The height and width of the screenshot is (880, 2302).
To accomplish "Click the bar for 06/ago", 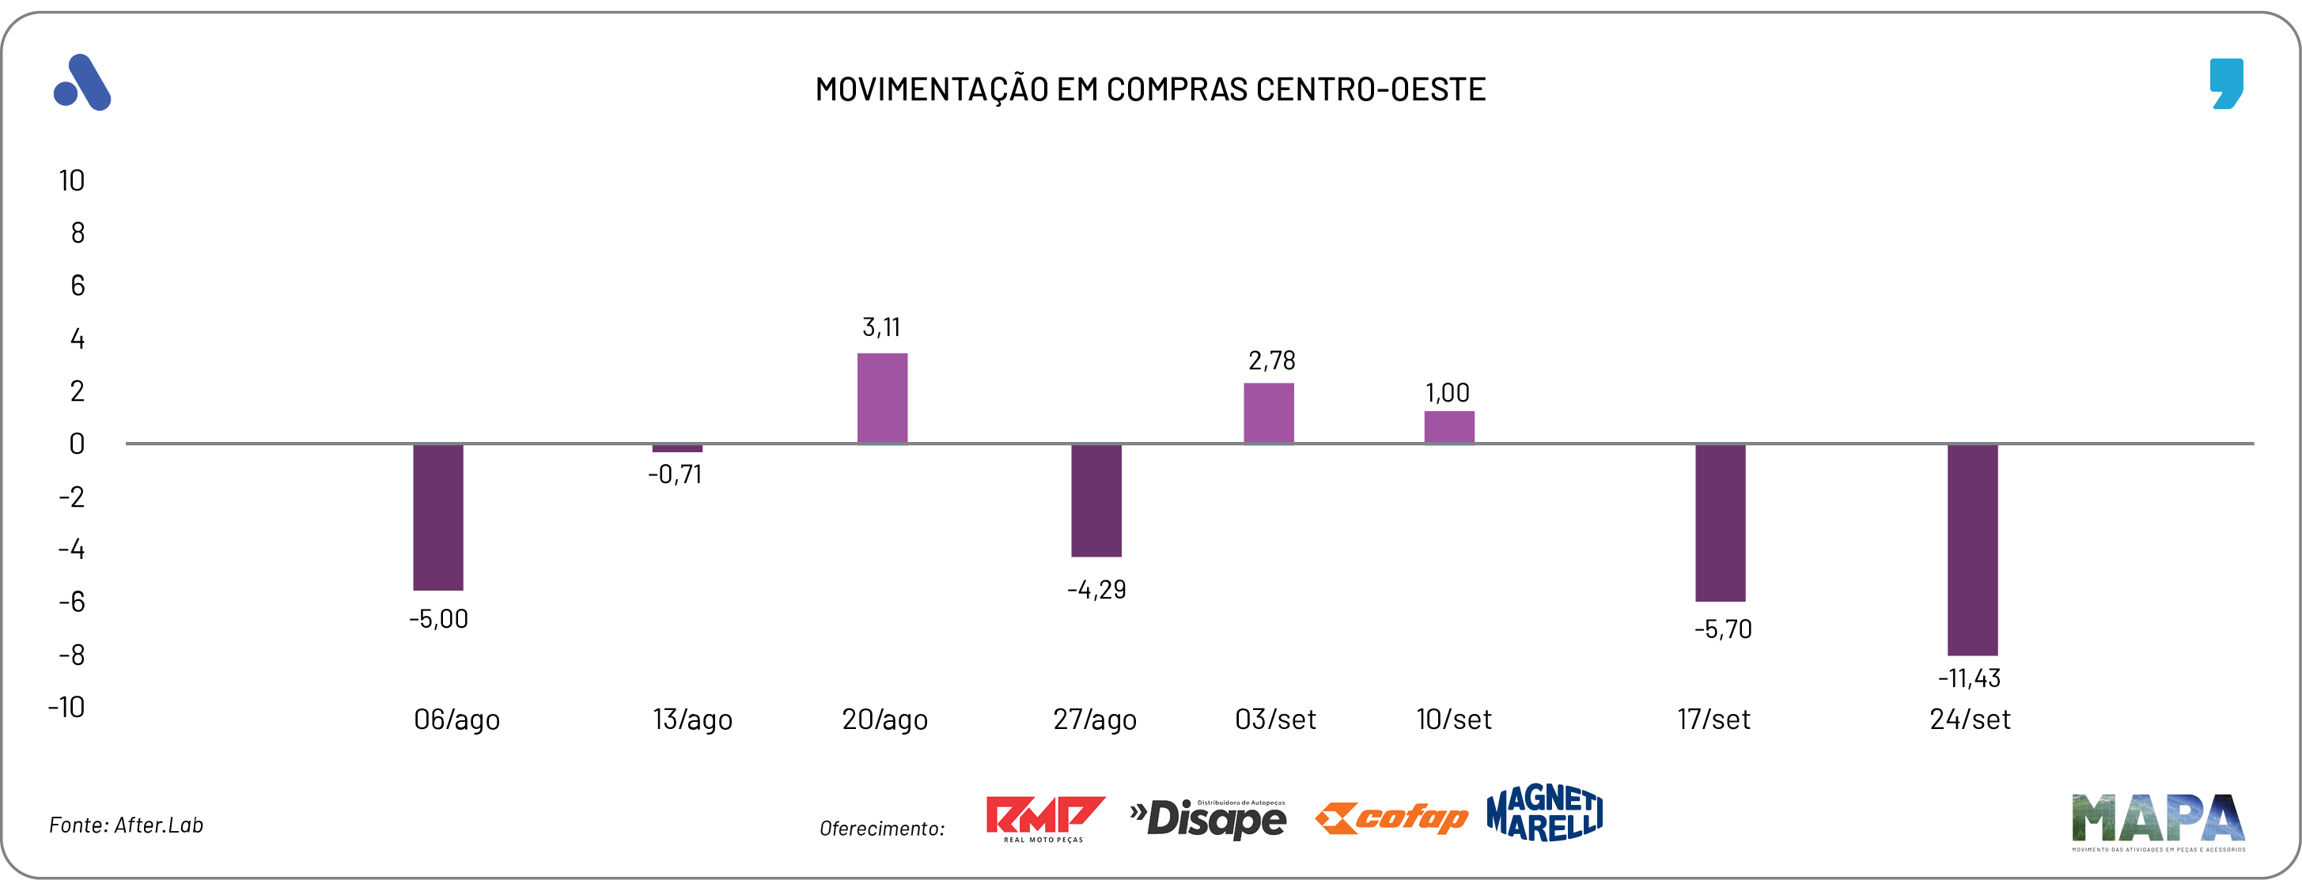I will tap(438, 516).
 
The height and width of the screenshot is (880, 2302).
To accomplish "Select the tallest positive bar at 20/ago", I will tap(882, 398).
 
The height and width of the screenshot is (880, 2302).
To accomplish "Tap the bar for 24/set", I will tap(1972, 550).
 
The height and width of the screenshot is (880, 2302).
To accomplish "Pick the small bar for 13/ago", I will tap(677, 448).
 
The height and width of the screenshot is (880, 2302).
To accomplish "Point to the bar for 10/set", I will tap(1448, 427).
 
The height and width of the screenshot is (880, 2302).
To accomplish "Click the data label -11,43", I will tap(1969, 678).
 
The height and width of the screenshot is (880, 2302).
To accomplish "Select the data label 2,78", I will tap(1270, 361).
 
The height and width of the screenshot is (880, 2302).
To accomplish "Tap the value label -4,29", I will tap(1096, 590).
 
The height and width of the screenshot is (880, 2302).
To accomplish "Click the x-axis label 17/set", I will tap(1713, 719).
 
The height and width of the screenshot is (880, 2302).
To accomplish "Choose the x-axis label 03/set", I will tap(1275, 719).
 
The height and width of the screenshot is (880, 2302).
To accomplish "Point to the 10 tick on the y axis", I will tap(71, 180).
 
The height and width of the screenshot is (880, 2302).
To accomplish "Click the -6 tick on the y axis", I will tap(71, 601).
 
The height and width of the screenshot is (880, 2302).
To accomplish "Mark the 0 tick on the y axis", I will tap(77, 444).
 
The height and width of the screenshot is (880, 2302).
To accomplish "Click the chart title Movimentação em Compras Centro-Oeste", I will tap(1150, 89).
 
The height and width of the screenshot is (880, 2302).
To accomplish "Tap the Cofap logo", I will tap(1391, 818).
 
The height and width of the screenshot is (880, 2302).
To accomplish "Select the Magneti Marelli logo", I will tap(1544, 813).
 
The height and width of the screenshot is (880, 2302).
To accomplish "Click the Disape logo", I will tap(1208, 818).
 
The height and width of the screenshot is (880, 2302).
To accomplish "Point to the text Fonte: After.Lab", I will tap(126, 825).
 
